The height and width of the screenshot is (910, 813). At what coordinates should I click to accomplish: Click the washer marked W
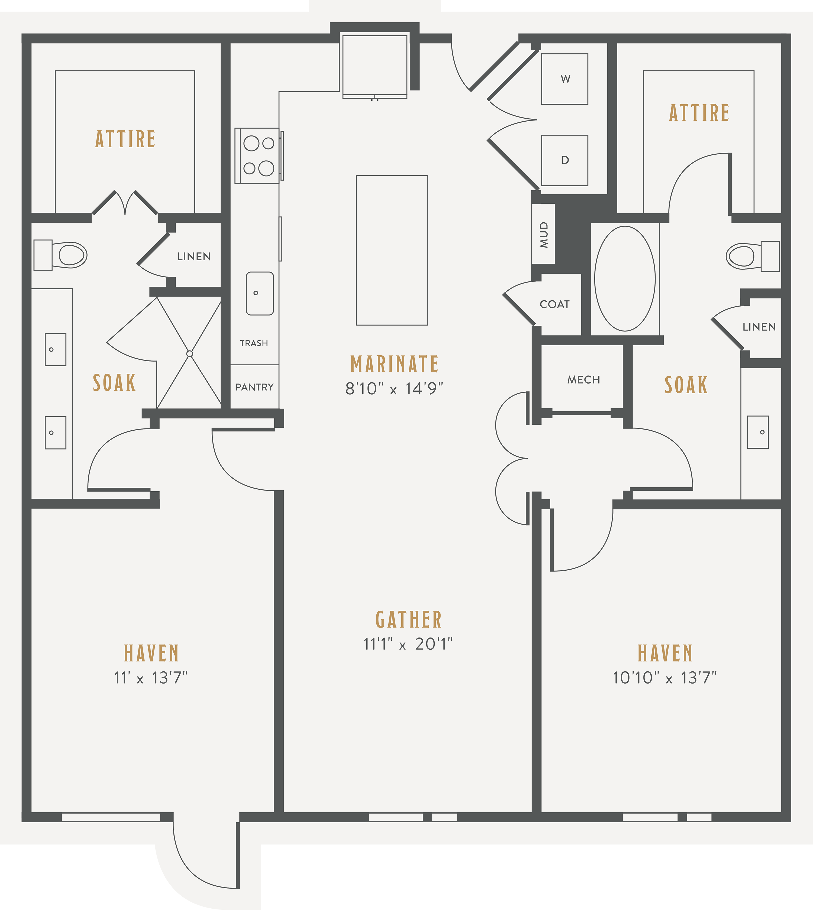click(x=565, y=79)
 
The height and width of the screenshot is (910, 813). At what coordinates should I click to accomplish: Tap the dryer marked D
click(x=565, y=160)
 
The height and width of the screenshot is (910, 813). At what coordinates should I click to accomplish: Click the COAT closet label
click(x=555, y=304)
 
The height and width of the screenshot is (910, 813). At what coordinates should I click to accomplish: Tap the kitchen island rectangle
click(x=392, y=250)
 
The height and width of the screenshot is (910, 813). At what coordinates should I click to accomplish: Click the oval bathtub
click(x=625, y=279)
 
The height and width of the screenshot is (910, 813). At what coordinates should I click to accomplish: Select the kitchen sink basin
click(x=260, y=293)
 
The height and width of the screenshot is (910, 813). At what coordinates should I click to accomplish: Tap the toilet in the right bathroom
click(x=753, y=256)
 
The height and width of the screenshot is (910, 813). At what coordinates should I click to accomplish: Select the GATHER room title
click(x=409, y=620)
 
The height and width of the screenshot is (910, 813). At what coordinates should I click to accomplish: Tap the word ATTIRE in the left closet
click(x=125, y=139)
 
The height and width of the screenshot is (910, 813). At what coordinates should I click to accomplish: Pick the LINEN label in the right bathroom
click(x=759, y=327)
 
